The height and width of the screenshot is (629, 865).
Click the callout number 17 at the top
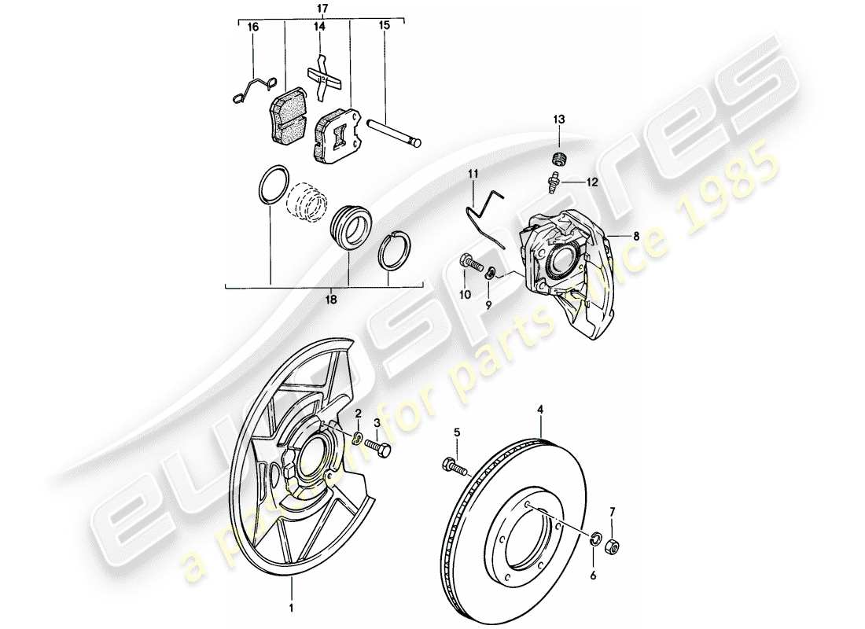[322, 8]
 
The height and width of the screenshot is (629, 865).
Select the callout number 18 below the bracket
[331, 300]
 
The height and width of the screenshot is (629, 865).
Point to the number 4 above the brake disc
[540, 410]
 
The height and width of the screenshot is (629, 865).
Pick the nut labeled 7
[597, 540]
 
